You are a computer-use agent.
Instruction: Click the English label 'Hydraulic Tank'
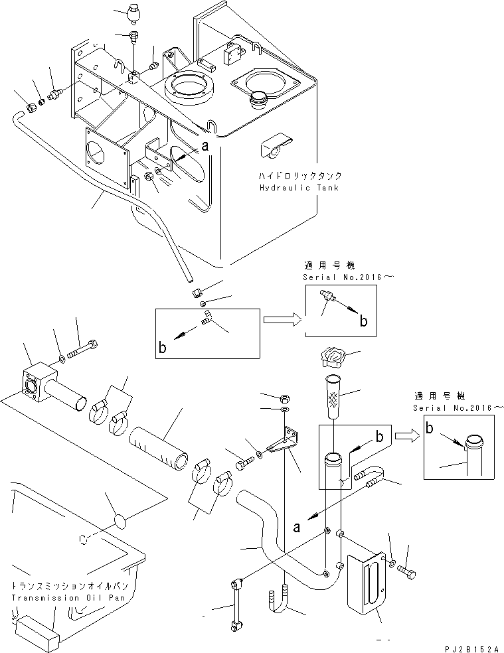(x=300, y=188)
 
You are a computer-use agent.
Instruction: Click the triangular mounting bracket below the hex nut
(x=286, y=443)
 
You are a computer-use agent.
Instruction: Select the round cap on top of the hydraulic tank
(x=258, y=103)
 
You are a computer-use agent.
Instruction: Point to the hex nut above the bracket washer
(x=282, y=398)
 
